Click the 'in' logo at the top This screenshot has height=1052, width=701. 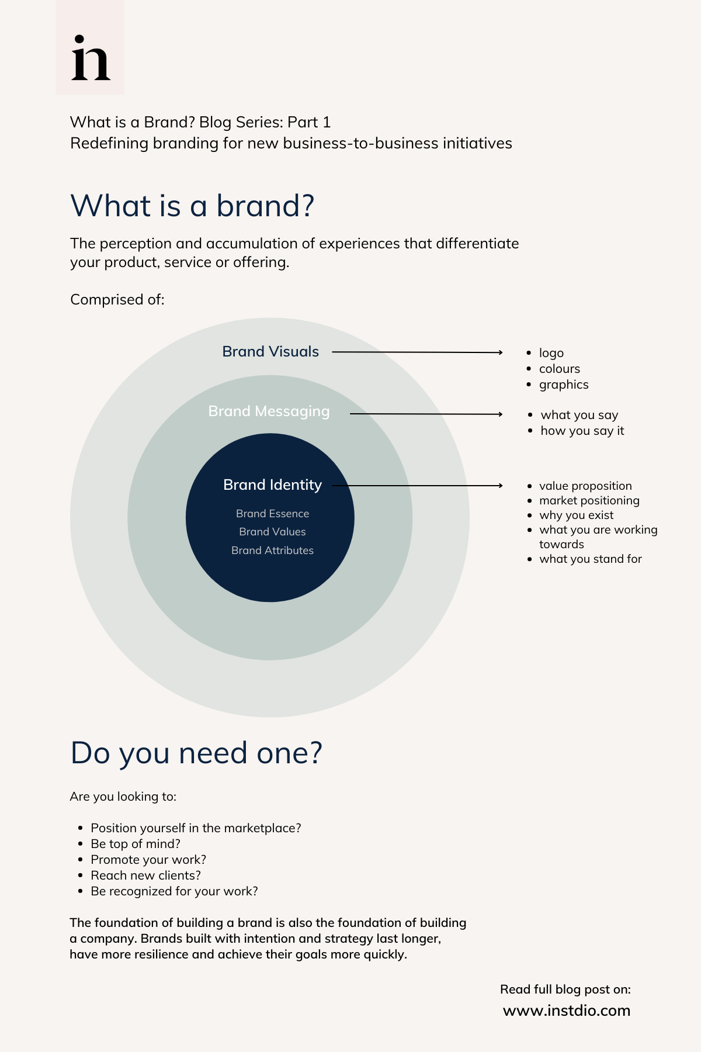click(x=91, y=58)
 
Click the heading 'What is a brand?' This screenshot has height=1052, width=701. click(x=192, y=206)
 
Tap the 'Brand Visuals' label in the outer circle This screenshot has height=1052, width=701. click(x=270, y=351)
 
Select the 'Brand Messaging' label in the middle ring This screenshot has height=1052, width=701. click(x=269, y=411)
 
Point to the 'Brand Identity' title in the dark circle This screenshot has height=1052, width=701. click(x=272, y=485)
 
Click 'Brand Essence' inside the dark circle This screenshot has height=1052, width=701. click(x=272, y=513)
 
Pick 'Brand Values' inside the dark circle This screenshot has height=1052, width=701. click(x=272, y=531)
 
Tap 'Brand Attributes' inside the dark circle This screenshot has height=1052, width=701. click(x=272, y=550)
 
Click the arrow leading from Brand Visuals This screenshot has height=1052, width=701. click(x=417, y=352)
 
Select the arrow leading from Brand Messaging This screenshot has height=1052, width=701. click(x=426, y=414)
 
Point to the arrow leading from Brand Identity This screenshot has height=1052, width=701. click(x=417, y=485)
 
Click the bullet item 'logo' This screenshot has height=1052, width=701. click(x=551, y=353)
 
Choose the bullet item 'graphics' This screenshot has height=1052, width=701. click(x=563, y=385)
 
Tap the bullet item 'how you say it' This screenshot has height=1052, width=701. click(x=582, y=431)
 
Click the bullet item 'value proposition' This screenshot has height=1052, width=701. click(x=585, y=486)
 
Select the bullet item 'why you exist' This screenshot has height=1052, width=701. click(x=576, y=515)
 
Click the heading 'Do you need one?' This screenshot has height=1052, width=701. click(x=196, y=753)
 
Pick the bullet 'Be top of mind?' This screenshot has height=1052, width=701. click(x=136, y=844)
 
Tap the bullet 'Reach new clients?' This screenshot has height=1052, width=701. click(x=145, y=875)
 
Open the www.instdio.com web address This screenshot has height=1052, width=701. click(x=566, y=1011)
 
